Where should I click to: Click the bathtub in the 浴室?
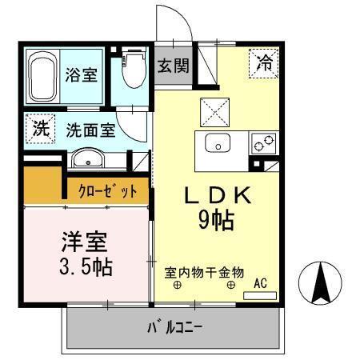tap(42, 78)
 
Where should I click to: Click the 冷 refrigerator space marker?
tap(263, 65)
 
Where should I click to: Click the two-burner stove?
tap(263, 144)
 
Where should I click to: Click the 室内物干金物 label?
tap(204, 272)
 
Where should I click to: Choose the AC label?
tap(260, 282)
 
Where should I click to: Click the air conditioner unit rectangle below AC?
tap(258, 295)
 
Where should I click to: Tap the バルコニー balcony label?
tap(174, 327)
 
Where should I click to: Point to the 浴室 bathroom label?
tap(82, 76)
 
